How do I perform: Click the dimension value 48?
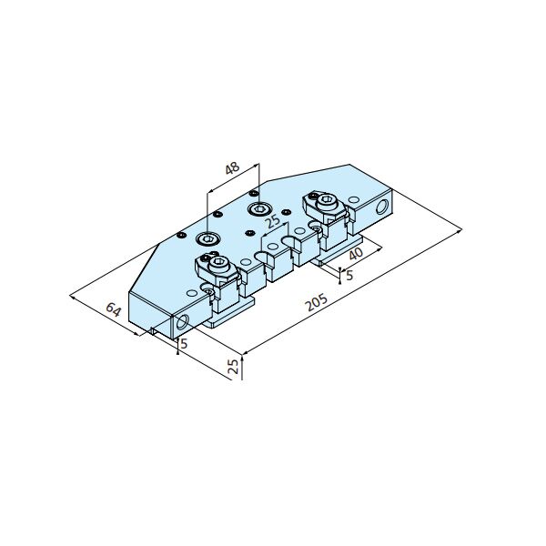pyautogui.click(x=232, y=167)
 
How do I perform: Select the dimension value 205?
pyautogui.click(x=316, y=302)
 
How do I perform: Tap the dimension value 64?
pyautogui.click(x=114, y=309)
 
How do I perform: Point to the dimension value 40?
pyautogui.click(x=356, y=254)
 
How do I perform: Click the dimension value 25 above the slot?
pyautogui.click(x=272, y=221)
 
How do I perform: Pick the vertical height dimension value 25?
pyautogui.click(x=233, y=367)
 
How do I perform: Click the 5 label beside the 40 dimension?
pyautogui.click(x=349, y=275)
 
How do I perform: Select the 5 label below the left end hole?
pyautogui.click(x=184, y=343)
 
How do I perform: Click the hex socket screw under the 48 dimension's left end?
pyautogui.click(x=207, y=238)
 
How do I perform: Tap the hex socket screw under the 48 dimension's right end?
pyautogui.click(x=259, y=209)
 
